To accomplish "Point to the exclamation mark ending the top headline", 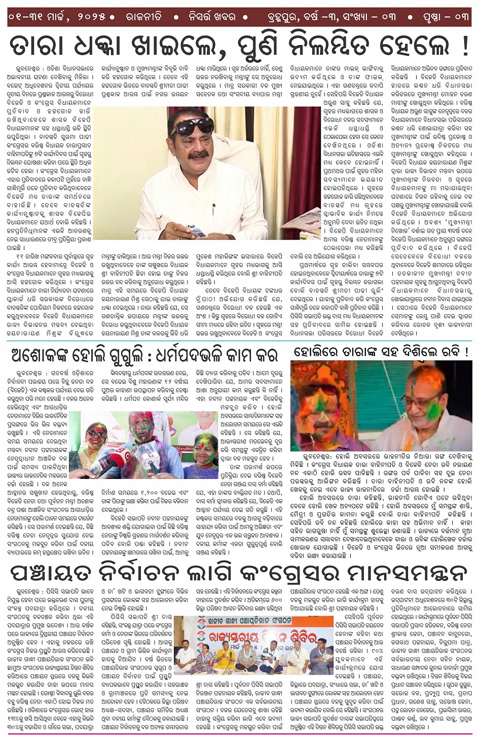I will pyautogui.click(x=465, y=46).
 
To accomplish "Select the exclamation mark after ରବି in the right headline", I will pyautogui.click(x=465, y=352).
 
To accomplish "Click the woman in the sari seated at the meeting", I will pyautogui.click(x=206, y=659).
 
